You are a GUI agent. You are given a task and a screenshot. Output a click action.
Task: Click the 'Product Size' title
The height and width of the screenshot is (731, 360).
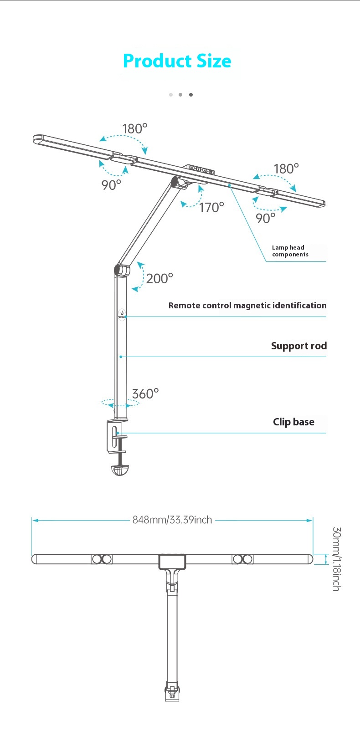click(x=177, y=61)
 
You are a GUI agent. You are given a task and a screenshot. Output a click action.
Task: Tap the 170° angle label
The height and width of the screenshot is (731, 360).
click(x=211, y=208)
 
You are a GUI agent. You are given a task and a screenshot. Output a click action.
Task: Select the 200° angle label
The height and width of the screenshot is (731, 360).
click(x=159, y=278)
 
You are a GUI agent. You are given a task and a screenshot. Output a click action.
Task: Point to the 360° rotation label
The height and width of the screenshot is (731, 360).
click(x=145, y=394)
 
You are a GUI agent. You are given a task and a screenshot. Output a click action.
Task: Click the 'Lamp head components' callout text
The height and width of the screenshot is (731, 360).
click(x=290, y=251)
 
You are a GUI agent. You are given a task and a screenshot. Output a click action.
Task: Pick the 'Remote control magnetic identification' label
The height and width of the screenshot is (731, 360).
click(x=247, y=306)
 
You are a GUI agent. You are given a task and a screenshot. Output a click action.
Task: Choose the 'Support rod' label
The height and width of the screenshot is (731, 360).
click(x=299, y=346)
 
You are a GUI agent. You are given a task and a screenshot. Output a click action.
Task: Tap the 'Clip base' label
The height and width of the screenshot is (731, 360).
click(x=293, y=422)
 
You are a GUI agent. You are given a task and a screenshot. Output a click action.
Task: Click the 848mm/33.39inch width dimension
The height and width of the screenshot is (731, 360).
click(x=172, y=520)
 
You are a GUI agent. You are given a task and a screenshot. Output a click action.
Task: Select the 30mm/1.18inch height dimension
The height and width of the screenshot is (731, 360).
click(x=336, y=559)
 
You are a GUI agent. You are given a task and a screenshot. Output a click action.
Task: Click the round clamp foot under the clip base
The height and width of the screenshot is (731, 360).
click(x=120, y=470)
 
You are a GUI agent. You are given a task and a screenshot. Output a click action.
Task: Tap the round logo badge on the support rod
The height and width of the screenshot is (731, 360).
click(x=121, y=314)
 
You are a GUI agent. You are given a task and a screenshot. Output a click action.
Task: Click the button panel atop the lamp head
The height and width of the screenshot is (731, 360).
click(x=202, y=170)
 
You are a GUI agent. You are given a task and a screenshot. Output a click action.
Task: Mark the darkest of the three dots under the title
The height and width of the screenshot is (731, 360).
click(x=191, y=95)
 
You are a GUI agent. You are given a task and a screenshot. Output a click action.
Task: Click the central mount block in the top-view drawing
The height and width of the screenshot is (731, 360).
click(x=172, y=561)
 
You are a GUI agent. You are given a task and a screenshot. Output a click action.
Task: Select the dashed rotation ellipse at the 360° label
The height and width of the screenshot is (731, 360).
click(x=120, y=403)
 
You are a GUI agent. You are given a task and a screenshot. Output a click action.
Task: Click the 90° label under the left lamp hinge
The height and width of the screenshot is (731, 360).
click(x=111, y=185)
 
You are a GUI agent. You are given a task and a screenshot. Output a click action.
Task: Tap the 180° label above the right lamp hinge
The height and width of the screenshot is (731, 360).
click(x=286, y=169)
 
